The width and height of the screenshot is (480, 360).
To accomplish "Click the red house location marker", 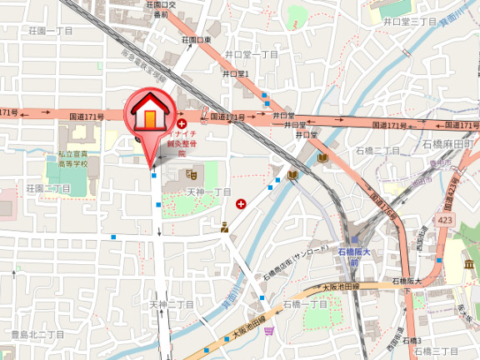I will (x=148, y=115).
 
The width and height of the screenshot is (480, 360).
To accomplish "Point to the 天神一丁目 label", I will (x=208, y=192).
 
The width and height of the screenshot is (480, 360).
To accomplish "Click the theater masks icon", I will (x=192, y=175).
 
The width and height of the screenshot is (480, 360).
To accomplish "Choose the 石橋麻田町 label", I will (x=447, y=144).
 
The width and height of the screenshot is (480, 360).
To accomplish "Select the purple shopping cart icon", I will (x=268, y=331).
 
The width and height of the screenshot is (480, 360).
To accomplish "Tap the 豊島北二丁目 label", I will (x=37, y=334).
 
